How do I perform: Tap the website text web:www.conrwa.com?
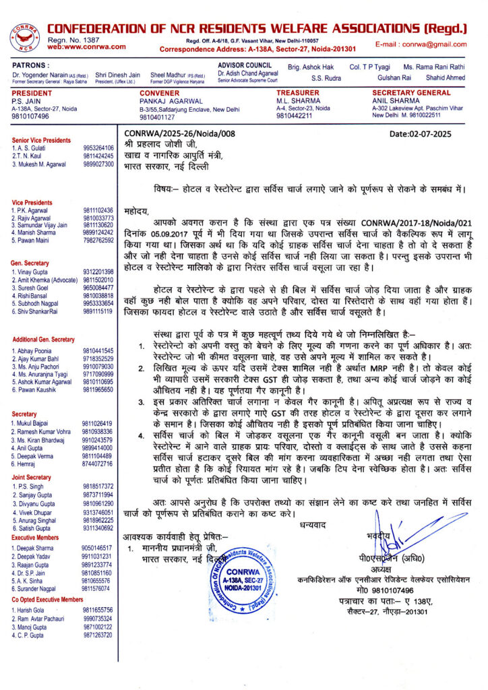(x=86, y=46)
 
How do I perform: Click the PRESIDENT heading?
(x=32, y=92)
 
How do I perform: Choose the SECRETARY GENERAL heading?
(x=411, y=92)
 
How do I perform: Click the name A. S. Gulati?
(x=34, y=148)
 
